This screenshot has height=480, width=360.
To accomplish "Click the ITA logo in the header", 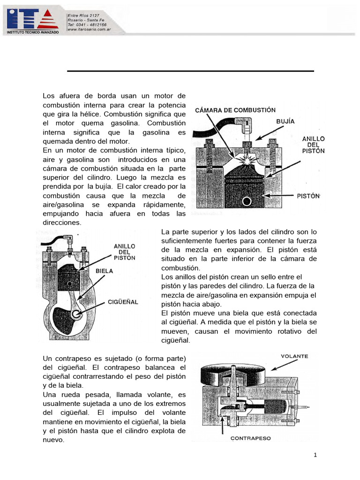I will (32, 19).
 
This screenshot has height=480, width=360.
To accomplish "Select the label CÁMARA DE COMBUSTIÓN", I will (235, 110).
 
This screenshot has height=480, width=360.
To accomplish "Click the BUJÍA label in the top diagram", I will (285, 121).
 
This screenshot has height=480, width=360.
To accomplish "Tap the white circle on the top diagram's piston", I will (246, 201).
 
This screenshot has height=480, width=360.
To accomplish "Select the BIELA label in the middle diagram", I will (104, 270).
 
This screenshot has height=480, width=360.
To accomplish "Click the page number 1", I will (315, 455).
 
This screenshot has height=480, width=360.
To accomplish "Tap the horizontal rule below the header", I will (190, 71).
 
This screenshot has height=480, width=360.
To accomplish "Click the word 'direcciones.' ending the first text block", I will (62, 223).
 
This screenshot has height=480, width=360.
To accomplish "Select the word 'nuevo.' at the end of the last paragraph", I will (53, 440).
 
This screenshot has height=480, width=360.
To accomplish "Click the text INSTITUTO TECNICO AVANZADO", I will (32, 32).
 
